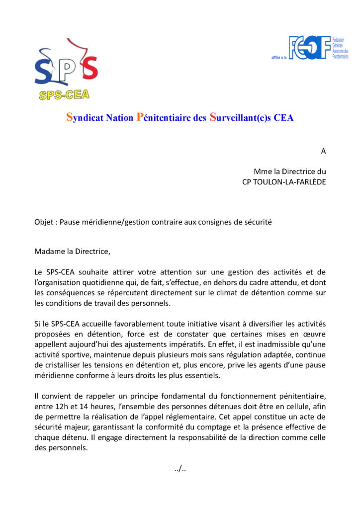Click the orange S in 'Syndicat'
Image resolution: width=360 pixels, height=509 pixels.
coord(70,118)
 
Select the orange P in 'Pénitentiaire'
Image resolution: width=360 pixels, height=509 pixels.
coord(140,118)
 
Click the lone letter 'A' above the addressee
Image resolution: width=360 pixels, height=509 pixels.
coord(323,151)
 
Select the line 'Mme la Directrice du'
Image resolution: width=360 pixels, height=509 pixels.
coord(290,171)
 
